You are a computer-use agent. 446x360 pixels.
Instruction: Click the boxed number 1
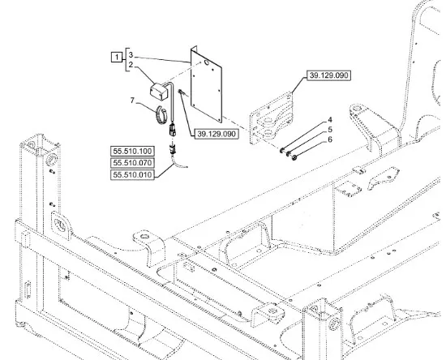117,57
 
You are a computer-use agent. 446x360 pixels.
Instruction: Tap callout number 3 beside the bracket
131,55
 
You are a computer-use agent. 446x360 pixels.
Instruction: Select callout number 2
131,65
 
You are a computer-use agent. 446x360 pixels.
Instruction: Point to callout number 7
132,101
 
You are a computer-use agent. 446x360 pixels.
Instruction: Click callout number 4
330,120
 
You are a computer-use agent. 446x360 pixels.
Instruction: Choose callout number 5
330,130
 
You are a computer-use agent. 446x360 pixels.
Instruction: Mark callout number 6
330,139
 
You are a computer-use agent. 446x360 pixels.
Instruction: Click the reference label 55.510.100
132,151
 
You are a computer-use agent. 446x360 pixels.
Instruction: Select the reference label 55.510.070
132,163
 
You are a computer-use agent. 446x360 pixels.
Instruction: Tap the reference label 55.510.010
132,174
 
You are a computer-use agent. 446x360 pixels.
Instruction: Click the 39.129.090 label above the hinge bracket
328,75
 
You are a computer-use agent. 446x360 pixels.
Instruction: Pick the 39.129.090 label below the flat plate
217,134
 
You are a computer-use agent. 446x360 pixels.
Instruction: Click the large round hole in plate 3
206,62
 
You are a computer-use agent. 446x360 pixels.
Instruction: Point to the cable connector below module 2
173,130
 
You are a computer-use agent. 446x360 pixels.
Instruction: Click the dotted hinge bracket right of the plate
272,118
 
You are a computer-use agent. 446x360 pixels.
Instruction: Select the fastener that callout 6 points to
294,156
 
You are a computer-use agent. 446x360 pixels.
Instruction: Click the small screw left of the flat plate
182,92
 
